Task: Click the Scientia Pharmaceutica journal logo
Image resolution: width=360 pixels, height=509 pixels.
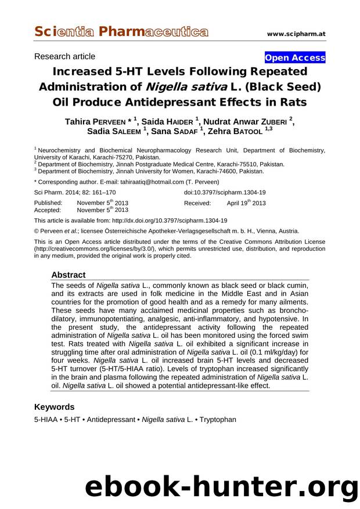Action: click(120, 31)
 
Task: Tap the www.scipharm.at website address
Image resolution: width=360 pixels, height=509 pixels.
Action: click(296, 34)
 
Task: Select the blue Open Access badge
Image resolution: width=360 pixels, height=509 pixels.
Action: click(295, 57)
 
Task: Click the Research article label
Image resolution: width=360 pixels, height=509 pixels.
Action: click(65, 56)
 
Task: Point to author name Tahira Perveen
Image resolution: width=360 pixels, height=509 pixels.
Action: click(96, 121)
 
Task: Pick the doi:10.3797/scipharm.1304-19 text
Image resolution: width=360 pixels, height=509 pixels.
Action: click(225, 192)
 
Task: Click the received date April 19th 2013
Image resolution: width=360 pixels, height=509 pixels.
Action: click(246, 203)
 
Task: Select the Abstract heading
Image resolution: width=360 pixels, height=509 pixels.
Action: click(68, 275)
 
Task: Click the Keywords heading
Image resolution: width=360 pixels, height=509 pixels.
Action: click(55, 407)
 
